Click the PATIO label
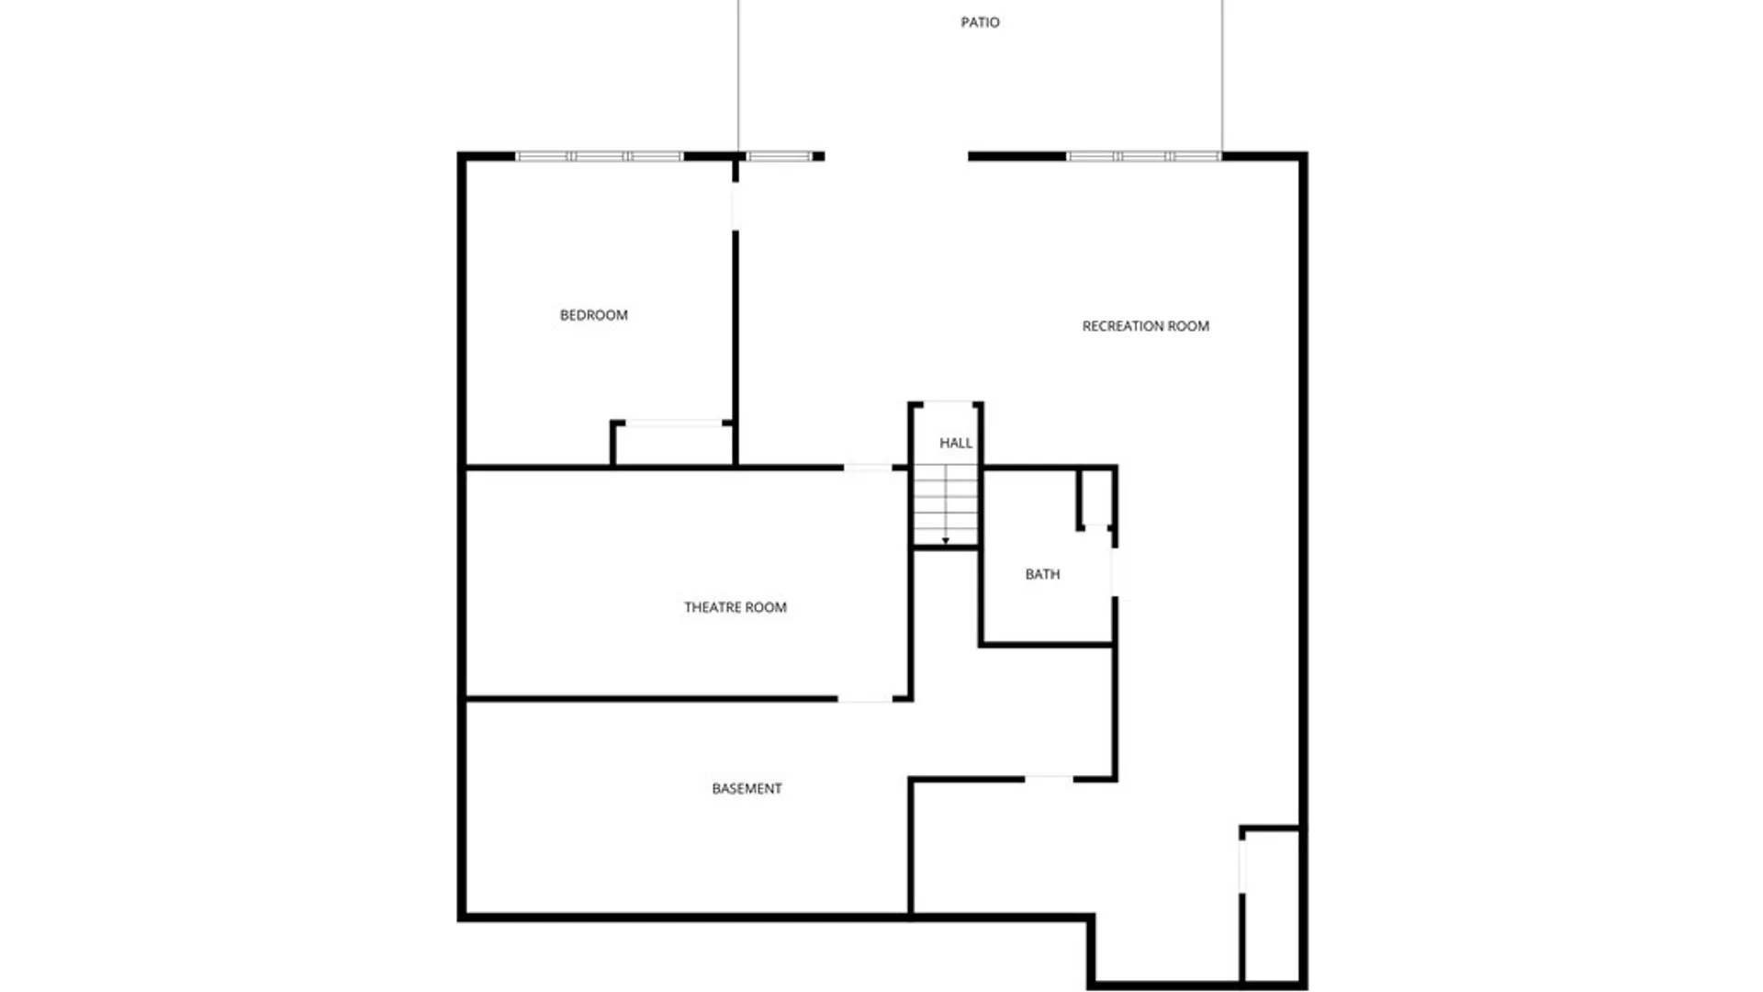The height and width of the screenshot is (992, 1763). tap(980, 22)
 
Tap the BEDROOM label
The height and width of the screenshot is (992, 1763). tap(594, 315)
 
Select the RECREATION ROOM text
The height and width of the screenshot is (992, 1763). tap(1145, 326)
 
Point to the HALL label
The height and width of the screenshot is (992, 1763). tap(955, 443)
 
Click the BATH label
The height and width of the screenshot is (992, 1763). tap(1042, 574)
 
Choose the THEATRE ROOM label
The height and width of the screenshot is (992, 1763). tap(735, 607)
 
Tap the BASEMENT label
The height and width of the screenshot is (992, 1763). tap(747, 788)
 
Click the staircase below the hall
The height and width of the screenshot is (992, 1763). tap(946, 505)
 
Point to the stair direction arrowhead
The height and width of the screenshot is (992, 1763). tap(946, 541)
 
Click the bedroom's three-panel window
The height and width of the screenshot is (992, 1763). tap(600, 157)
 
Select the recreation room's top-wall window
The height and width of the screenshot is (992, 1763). tap(1143, 157)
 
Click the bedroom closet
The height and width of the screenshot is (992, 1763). tap(673, 445)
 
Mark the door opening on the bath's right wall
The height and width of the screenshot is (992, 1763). tap(1115, 572)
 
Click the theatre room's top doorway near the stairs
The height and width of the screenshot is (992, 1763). tap(868, 468)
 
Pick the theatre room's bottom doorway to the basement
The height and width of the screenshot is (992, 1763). tap(865, 700)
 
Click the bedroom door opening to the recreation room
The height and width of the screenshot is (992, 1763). tap(736, 207)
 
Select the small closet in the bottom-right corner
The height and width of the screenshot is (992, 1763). tap(1271, 905)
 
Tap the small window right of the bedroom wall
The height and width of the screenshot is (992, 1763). tap(779, 157)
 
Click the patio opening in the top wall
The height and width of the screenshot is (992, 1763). tap(896, 157)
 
